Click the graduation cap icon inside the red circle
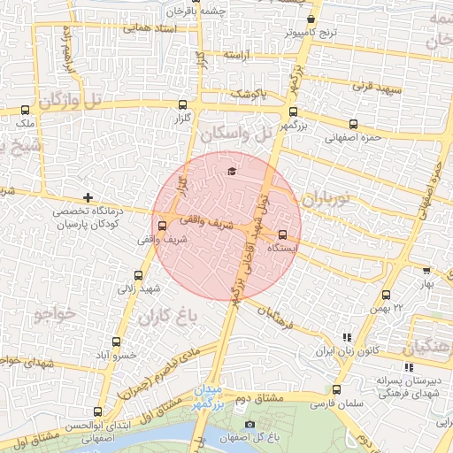232,171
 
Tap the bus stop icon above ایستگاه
282,235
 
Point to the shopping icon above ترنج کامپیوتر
311,19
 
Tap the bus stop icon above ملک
24,111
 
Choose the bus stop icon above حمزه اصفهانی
354,124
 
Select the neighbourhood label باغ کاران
165,316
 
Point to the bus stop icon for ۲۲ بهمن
386,295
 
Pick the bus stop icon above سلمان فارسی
336,389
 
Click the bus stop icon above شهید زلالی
137,275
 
